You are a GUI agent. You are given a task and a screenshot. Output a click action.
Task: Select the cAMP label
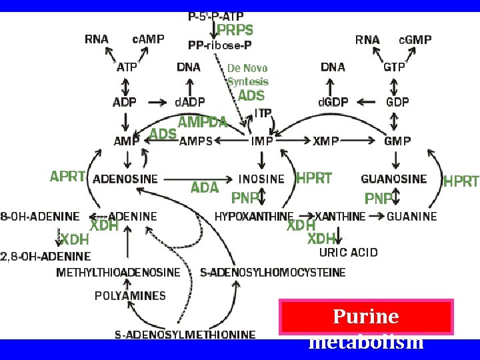[148, 39]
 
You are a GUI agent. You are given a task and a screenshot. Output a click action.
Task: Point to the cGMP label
[415, 39]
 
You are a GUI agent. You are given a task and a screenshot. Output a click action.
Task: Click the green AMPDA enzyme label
[203, 122]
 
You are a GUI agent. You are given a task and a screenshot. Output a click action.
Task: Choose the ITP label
[263, 113]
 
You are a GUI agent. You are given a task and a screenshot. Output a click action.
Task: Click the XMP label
[326, 141]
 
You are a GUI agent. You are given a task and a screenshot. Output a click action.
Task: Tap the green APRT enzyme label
[67, 177]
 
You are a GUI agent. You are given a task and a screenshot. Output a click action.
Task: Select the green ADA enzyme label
[205, 188]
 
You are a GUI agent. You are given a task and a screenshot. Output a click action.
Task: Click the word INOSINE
[261, 179]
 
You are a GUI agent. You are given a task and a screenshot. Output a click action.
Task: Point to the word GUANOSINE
[393, 179]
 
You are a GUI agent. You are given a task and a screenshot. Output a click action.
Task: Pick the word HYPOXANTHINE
[254, 217]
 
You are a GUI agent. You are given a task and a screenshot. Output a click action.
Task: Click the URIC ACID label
[348, 253]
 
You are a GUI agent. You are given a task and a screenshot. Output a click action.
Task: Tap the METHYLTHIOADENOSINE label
[118, 273]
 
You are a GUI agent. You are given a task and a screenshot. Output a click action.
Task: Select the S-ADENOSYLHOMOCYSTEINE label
[273, 273]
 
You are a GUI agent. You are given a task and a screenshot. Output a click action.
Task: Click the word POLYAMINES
[130, 295]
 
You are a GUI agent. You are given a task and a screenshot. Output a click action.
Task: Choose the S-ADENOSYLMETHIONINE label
[185, 335]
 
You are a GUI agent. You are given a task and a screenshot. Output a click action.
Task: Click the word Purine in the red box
[365, 316]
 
